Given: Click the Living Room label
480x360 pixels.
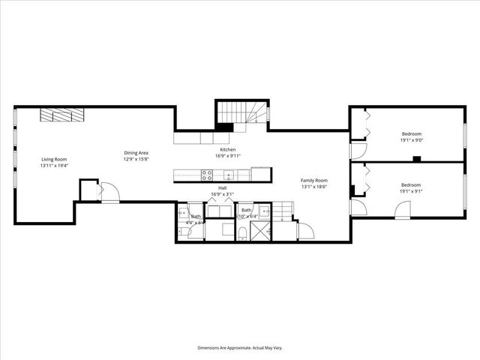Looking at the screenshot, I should (x=54, y=159).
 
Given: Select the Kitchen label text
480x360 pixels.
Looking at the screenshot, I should (x=228, y=150).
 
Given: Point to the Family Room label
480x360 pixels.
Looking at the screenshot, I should (x=314, y=181).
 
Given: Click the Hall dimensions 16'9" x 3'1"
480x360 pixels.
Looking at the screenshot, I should (x=223, y=194).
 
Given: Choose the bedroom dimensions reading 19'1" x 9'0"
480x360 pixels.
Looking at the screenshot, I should (x=412, y=139).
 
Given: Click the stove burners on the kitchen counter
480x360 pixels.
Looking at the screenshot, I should (x=206, y=175).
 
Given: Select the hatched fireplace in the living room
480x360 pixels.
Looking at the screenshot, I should (x=62, y=114).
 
